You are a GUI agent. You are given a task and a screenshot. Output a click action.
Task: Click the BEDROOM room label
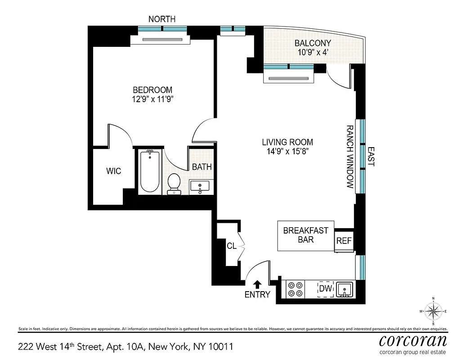coord(152,90)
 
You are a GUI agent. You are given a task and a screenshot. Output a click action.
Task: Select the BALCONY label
coord(313,43)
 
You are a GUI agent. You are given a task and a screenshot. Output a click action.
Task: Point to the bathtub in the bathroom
coord(149,172)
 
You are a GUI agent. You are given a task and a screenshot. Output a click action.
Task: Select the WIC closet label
coord(113,171)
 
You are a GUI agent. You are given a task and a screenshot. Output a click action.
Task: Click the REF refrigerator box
coord(344,241)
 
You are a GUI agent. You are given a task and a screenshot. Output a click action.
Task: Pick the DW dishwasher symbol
coord(325,289)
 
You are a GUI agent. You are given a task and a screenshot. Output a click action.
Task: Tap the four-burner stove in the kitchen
coord(295,289)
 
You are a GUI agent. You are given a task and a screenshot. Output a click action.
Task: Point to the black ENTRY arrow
coord(257,284)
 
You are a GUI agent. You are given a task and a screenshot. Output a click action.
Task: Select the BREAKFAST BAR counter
coord(306,235)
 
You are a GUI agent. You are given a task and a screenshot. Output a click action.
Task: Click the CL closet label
coord(232,246)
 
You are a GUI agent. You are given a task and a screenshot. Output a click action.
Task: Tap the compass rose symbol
coord(433,311)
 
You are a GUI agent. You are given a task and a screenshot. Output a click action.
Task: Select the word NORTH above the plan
coord(162,19)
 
